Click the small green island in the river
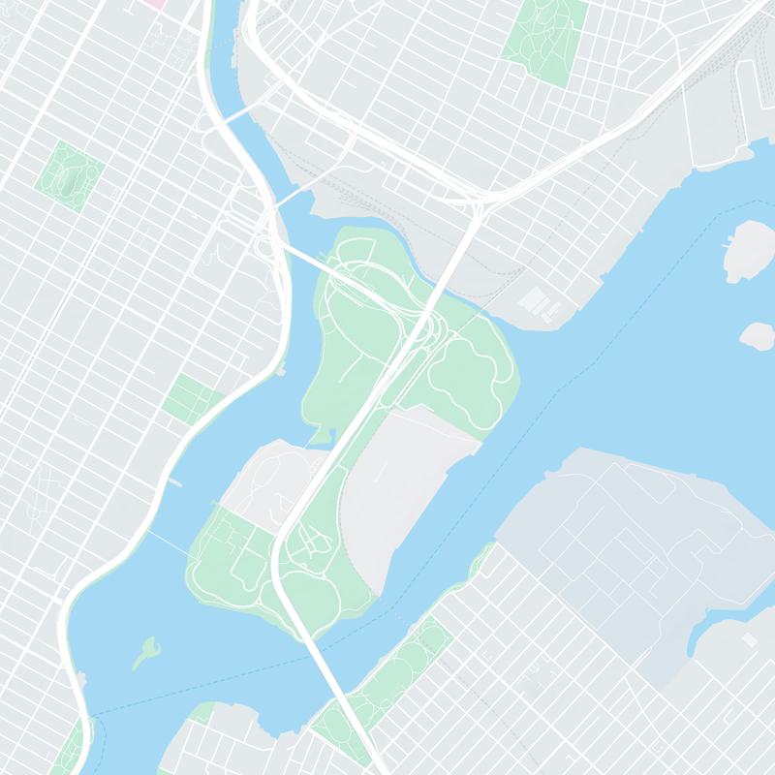click(x=146, y=650)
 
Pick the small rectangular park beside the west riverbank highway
click(x=188, y=398)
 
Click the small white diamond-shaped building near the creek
click(x=749, y=642)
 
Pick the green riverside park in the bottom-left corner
click(x=71, y=751)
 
